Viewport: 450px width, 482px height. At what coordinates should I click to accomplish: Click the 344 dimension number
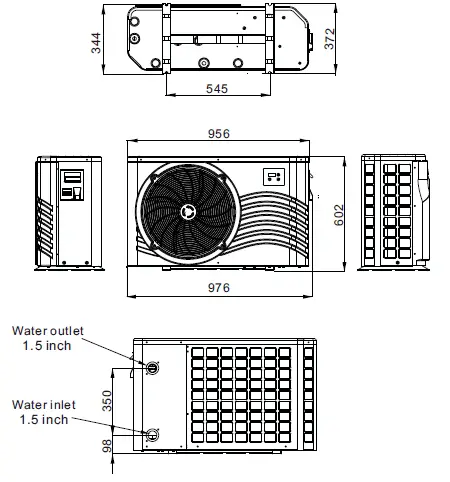point(96,43)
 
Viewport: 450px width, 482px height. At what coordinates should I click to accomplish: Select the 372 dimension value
point(329,39)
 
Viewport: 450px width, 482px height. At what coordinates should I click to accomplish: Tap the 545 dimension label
point(217,89)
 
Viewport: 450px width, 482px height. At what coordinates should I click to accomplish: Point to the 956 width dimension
point(219,134)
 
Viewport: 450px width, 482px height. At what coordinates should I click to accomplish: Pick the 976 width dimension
point(219,288)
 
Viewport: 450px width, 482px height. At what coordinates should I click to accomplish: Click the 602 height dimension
point(339,215)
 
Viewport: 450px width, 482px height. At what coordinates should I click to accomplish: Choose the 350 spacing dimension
point(107,401)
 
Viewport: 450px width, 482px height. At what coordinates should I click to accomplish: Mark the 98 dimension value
point(107,446)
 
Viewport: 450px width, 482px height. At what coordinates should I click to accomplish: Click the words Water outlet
point(48,331)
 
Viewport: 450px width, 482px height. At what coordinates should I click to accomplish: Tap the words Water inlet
point(44,405)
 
